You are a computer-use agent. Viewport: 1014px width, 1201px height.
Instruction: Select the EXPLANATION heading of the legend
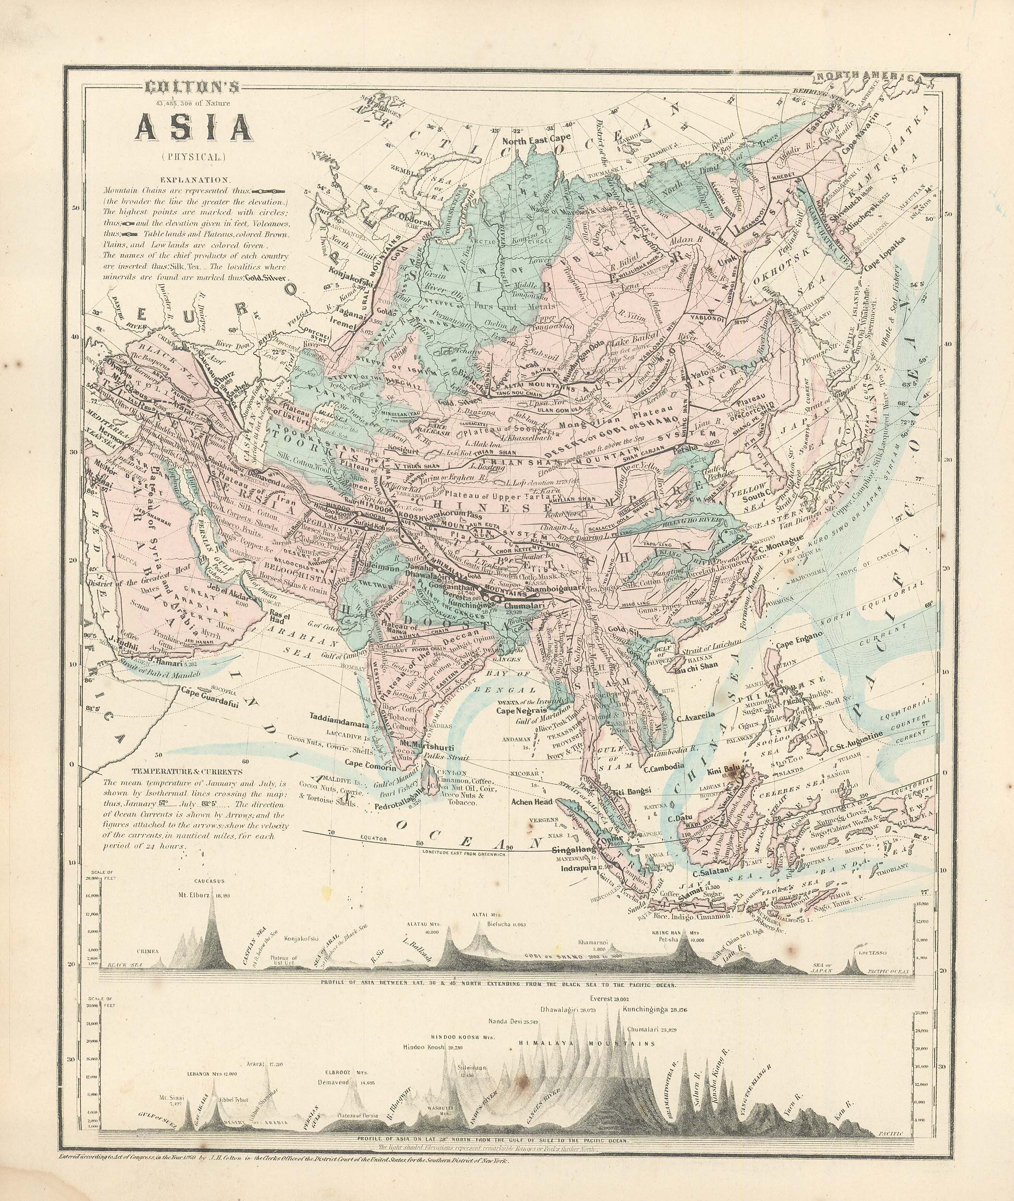pos(196,179)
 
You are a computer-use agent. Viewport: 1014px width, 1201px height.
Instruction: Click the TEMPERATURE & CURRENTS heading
pos(187,772)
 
